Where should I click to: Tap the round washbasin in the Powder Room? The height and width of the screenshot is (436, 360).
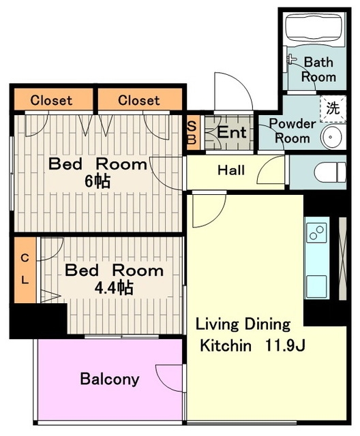pos(332,137)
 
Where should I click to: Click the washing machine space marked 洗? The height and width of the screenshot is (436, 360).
pos(333,108)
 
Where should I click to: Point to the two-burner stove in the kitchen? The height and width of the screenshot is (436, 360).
pos(316,232)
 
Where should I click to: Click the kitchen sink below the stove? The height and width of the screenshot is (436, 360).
pos(316,286)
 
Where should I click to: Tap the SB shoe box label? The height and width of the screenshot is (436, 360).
pos(192,133)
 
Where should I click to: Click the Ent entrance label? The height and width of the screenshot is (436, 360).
pos(232,132)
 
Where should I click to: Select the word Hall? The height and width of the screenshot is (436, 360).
pos(231,170)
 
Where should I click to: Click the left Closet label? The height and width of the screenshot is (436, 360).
pos(51,100)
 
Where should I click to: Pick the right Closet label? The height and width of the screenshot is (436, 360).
pos(138,100)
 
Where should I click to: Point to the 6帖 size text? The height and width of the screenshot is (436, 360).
pos(97,181)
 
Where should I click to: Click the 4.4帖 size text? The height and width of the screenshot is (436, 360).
pos(114,287)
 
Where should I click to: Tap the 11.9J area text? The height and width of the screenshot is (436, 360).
pos(285,345)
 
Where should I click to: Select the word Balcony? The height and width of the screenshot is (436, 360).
pos(110,379)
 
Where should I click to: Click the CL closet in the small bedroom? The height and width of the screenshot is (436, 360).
pos(25,270)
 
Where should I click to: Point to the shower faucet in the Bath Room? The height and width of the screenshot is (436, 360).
pos(290,59)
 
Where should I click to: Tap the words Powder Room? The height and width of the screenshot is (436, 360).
pos(292,131)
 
